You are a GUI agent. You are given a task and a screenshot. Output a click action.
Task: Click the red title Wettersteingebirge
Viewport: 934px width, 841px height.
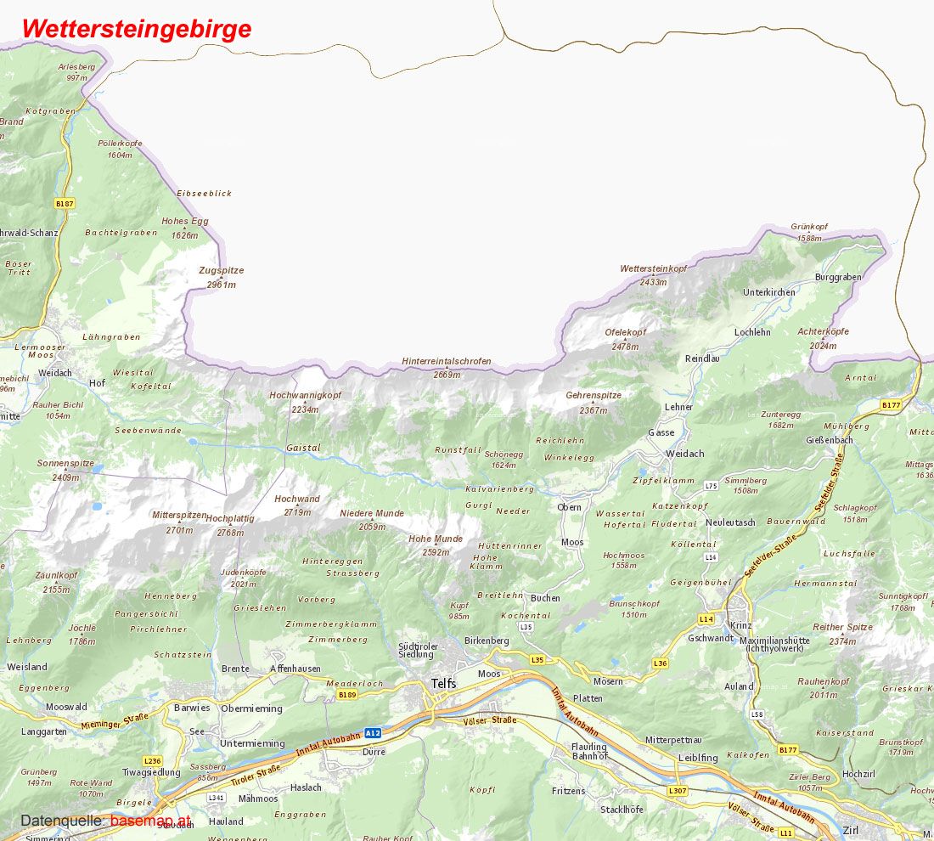(x=137, y=28)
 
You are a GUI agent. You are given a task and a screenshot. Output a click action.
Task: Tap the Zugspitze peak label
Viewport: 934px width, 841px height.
(x=221, y=271)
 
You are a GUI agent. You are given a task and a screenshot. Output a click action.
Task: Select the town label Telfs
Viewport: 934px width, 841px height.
(x=443, y=684)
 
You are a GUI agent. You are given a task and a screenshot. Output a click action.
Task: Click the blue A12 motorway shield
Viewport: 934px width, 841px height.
(x=372, y=732)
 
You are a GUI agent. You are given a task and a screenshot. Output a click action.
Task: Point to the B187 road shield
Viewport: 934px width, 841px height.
(x=64, y=204)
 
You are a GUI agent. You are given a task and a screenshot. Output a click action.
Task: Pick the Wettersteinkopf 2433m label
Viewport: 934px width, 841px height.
(x=653, y=269)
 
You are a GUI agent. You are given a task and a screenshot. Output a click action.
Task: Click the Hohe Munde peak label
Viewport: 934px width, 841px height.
(x=436, y=539)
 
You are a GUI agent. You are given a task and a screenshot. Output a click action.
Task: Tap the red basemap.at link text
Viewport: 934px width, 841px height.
(x=150, y=821)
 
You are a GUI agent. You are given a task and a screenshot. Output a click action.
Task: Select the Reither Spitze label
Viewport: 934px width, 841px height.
(x=842, y=628)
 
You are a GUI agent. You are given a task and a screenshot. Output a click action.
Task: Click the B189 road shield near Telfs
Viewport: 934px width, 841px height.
(x=346, y=696)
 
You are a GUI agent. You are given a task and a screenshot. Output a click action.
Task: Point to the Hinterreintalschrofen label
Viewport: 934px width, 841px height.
(x=447, y=362)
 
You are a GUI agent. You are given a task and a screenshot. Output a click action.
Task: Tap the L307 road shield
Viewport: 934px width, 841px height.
(x=677, y=791)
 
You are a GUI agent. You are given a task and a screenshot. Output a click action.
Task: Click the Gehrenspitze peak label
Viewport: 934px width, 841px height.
(x=594, y=396)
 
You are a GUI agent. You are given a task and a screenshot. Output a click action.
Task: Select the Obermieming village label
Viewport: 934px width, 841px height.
(x=251, y=708)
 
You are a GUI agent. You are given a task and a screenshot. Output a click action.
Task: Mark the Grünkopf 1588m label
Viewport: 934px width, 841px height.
(x=808, y=228)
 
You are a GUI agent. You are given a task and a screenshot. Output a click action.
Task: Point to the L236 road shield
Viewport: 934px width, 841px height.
(x=152, y=760)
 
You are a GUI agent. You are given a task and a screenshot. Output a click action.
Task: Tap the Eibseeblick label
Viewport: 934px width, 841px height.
(x=204, y=194)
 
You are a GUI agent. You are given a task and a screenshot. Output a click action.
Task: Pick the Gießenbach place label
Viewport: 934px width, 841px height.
(x=830, y=441)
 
